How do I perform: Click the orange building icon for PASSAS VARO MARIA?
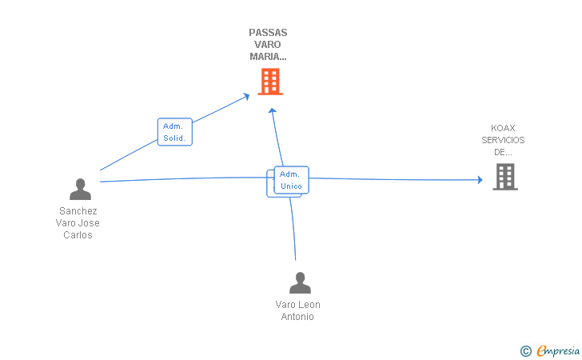click(270, 81)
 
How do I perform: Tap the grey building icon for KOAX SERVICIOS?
click(505, 176)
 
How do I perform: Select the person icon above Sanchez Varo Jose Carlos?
click(80, 189)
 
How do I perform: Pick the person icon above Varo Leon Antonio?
click(300, 282)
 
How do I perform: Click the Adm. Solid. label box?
click(174, 132)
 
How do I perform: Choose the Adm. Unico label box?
click(291, 180)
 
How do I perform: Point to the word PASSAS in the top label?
click(268, 33)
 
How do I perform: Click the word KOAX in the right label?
click(503, 128)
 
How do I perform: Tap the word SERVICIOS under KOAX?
click(503, 140)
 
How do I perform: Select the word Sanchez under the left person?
click(78, 211)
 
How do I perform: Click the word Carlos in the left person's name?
click(78, 235)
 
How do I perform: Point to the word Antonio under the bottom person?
click(297, 317)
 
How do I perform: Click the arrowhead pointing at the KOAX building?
click(480, 179)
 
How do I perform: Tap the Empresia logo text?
click(558, 350)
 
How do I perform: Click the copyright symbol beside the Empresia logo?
click(525, 350)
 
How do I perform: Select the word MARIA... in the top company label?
click(268, 57)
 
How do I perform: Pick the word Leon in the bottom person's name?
click(309, 305)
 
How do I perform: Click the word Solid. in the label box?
click(174, 138)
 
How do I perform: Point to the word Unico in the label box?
click(291, 186)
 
